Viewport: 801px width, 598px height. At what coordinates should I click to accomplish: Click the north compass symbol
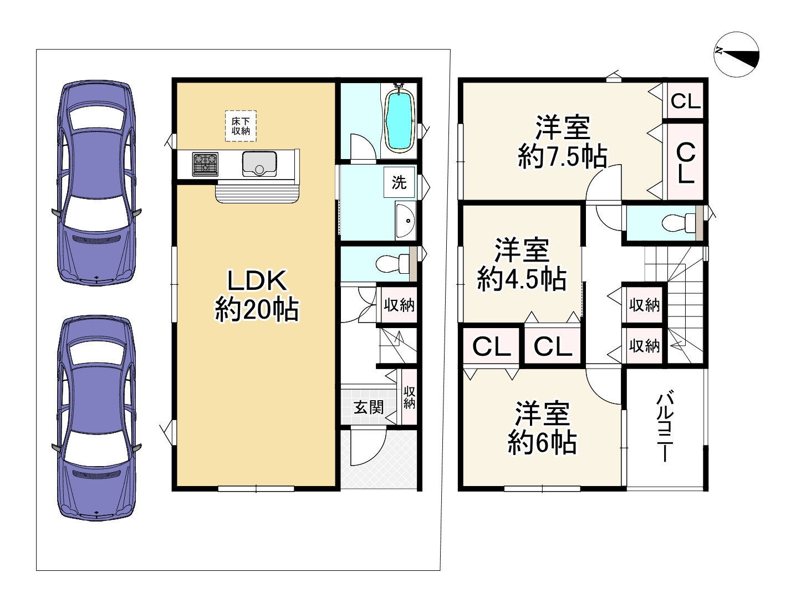tap(736, 54)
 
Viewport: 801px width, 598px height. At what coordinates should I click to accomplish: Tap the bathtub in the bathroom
tap(399, 121)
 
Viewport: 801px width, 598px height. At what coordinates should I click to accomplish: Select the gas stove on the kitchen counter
tap(205, 165)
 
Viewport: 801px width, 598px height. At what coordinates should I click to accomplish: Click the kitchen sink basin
tap(259, 163)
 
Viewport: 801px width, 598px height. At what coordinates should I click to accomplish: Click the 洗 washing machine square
tap(399, 182)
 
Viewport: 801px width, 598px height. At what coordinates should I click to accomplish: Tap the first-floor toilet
tap(391, 264)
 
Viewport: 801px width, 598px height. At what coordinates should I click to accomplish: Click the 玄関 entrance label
tap(369, 407)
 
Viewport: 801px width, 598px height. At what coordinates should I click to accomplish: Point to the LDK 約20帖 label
tap(257, 295)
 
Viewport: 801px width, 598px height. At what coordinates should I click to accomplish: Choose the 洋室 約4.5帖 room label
tap(522, 264)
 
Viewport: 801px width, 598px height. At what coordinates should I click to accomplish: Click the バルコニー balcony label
tap(665, 427)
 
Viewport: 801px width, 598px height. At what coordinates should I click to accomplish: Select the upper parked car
tap(96, 183)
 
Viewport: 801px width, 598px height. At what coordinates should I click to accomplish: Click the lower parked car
tap(96, 418)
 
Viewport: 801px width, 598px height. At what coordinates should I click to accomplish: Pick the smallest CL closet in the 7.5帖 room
tap(685, 101)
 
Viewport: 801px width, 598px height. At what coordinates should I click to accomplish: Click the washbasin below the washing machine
tap(405, 221)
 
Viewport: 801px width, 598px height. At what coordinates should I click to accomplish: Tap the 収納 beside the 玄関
tap(409, 397)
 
